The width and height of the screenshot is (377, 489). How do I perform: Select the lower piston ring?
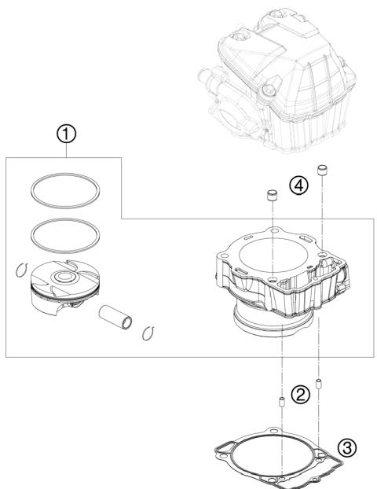tap(66, 233)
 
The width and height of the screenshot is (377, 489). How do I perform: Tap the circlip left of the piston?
tap(21, 272)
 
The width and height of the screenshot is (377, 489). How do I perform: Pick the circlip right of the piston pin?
tap(145, 335)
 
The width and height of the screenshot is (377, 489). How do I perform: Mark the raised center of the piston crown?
tap(64, 278)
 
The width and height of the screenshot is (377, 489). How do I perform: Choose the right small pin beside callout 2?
tap(320, 385)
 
